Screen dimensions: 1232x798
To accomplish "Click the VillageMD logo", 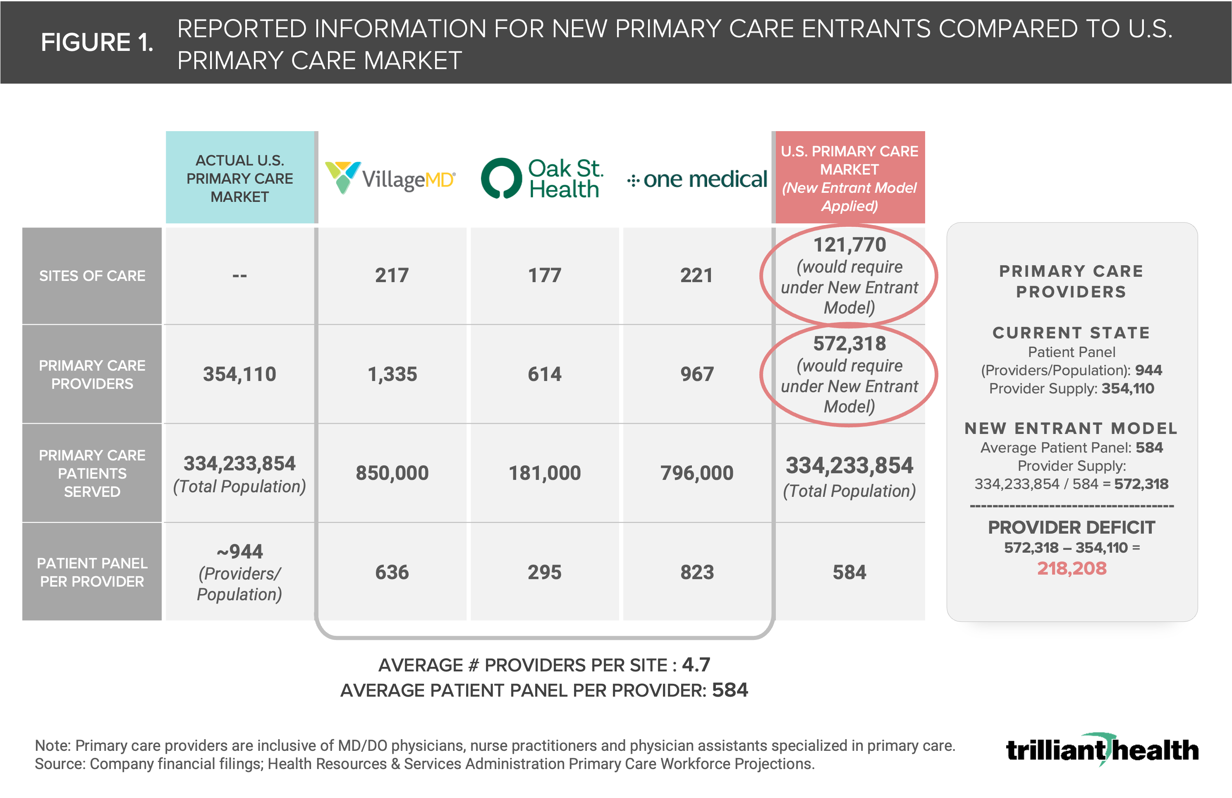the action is click(x=390, y=177).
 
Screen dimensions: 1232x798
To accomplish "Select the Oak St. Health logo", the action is click(x=543, y=178).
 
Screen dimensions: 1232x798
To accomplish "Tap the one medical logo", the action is click(x=697, y=179).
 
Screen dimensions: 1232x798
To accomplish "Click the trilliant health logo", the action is click(x=1102, y=749).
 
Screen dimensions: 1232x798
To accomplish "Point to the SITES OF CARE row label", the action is click(x=92, y=276).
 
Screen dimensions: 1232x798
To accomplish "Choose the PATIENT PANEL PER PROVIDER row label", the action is click(x=92, y=572).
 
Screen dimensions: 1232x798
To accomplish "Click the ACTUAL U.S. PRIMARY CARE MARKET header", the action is click(x=240, y=178).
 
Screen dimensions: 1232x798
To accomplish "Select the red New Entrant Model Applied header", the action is click(x=849, y=178).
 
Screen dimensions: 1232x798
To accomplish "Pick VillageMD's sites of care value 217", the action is click(x=392, y=275).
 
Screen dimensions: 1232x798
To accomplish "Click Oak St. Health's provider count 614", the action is click(x=545, y=374).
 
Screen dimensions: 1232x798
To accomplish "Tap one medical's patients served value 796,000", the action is click(x=697, y=473).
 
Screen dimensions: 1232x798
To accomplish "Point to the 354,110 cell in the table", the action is click(x=240, y=374).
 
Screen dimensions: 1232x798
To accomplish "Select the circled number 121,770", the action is click(x=849, y=244).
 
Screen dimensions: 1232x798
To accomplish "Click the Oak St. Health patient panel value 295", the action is click(x=545, y=572).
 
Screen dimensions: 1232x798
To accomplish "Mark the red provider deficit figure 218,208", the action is click(x=1072, y=568).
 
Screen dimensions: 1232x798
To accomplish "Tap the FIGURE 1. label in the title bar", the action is click(x=97, y=42).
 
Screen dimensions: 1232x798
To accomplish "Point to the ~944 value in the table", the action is click(x=240, y=551).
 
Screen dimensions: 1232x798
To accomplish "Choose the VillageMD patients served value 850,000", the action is click(x=392, y=473).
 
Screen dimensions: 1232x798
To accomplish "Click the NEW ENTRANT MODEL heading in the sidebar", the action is click(x=1071, y=428).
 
